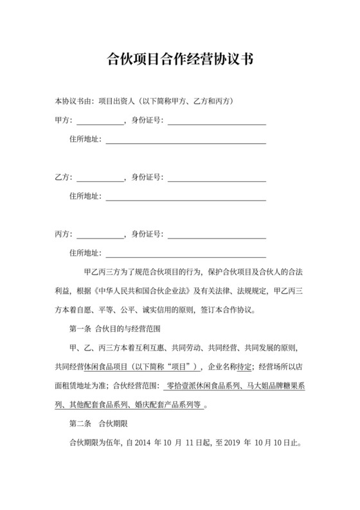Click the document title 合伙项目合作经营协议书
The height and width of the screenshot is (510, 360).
[x=180, y=60]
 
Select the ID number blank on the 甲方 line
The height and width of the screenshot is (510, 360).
[x=217, y=121]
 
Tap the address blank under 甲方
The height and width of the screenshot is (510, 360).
[x=186, y=140]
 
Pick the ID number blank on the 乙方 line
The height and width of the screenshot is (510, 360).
[x=217, y=178]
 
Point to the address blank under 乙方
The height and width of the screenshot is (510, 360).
[x=186, y=197]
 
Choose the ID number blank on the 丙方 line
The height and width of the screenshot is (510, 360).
[x=217, y=235]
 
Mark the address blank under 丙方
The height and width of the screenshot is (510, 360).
[x=186, y=253]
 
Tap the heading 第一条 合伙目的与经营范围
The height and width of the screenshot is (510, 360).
[x=114, y=329]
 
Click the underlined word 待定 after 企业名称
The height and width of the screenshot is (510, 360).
[x=242, y=367]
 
